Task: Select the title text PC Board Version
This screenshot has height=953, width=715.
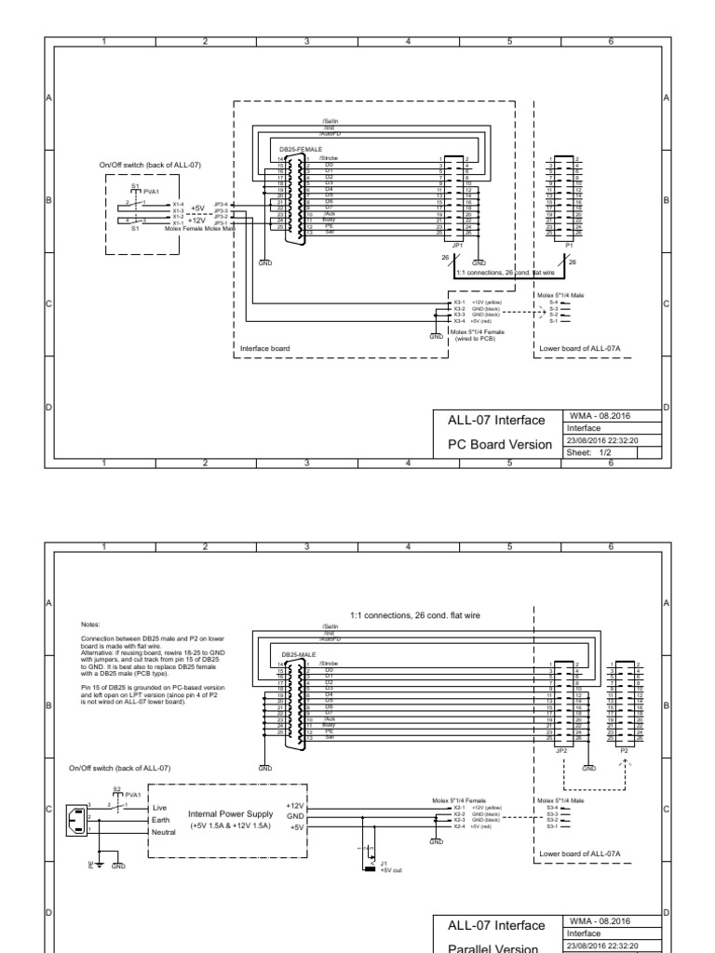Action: pos(501,444)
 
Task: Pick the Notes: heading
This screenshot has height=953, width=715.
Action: pos(91,625)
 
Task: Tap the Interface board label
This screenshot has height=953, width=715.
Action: pos(265,348)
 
